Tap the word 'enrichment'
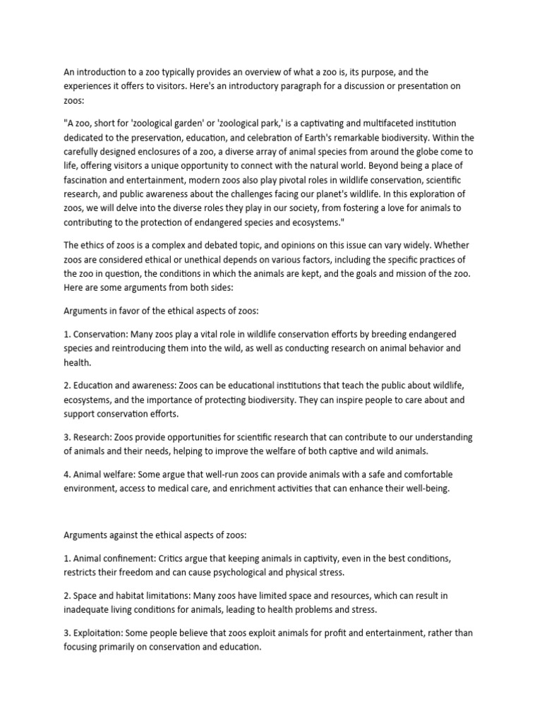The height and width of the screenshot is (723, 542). tap(266, 489)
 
